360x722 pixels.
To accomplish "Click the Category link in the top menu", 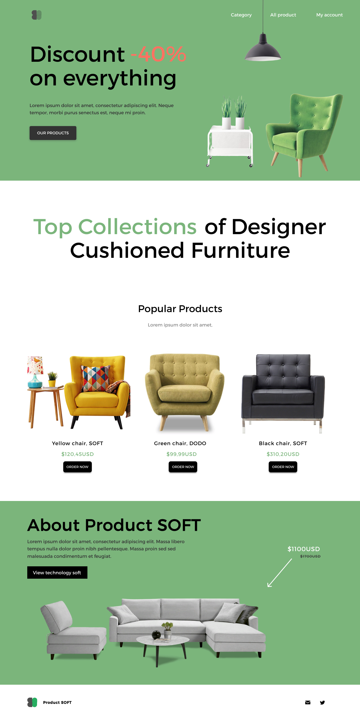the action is pyautogui.click(x=241, y=15).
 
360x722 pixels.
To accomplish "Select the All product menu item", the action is pyautogui.click(x=283, y=15).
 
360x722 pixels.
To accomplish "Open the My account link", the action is pyautogui.click(x=329, y=15).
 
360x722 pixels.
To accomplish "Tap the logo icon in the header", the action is pyautogui.click(x=37, y=15).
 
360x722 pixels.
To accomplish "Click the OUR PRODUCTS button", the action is pyautogui.click(x=53, y=133).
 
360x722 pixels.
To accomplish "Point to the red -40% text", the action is pyautogui.click(x=158, y=54).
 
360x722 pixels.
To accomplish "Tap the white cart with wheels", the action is pyautogui.click(x=230, y=146).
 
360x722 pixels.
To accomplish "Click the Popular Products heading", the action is pyautogui.click(x=180, y=309).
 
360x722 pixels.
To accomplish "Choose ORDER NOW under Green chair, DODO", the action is pyautogui.click(x=183, y=467).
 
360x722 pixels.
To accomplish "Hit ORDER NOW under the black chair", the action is pyautogui.click(x=283, y=467).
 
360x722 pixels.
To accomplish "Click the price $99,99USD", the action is pyautogui.click(x=182, y=454).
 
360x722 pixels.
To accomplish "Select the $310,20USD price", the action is pyautogui.click(x=283, y=454).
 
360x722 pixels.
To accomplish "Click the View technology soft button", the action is pyautogui.click(x=57, y=572).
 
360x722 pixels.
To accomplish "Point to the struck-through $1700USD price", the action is pyautogui.click(x=310, y=556).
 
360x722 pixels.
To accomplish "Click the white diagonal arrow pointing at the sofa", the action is pyautogui.click(x=280, y=573).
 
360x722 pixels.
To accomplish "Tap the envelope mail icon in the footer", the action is pyautogui.click(x=308, y=702).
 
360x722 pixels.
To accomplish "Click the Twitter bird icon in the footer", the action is pyautogui.click(x=322, y=702).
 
